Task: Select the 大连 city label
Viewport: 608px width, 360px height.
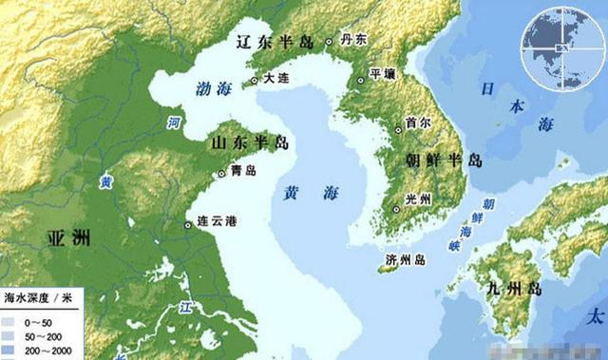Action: tap(277, 80)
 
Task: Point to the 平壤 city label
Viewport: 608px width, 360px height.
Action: tap(382, 73)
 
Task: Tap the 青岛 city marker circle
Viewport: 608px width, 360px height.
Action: tap(224, 172)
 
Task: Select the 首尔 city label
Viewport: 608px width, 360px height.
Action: tap(418, 123)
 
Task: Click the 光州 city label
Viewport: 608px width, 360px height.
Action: tap(418, 199)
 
